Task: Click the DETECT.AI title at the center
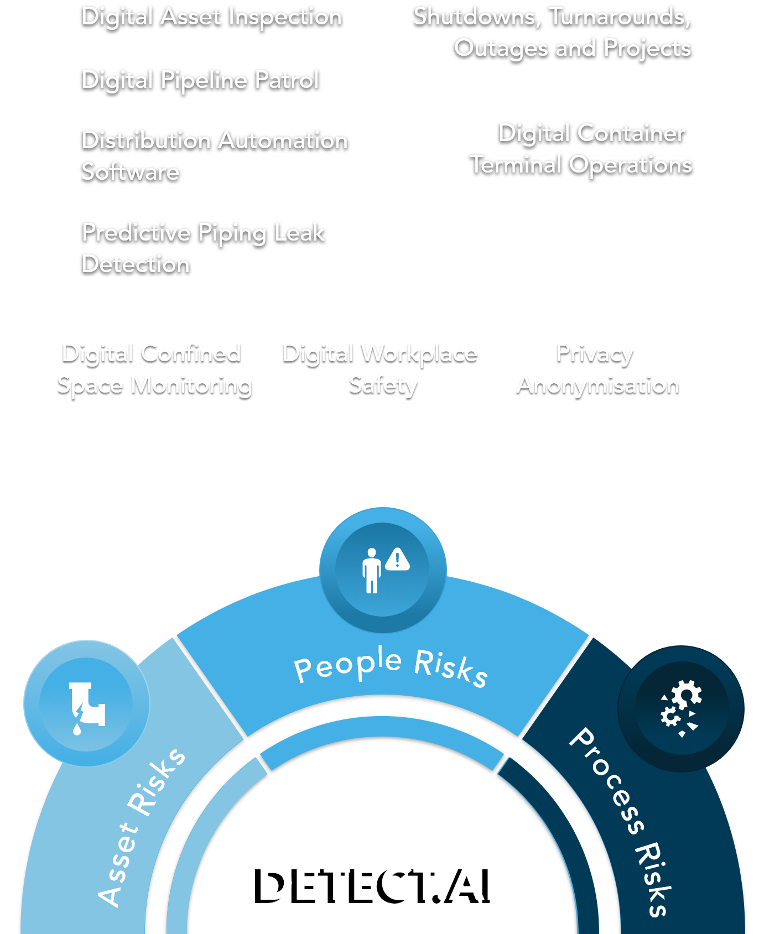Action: [378, 883]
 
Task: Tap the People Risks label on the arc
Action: [391, 666]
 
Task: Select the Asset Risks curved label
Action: [141, 827]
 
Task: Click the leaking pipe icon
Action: [86, 703]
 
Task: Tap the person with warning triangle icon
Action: [383, 570]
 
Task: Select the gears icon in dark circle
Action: [681, 708]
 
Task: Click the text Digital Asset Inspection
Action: [211, 17]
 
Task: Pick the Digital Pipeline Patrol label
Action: [200, 80]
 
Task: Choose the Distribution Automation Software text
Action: [214, 156]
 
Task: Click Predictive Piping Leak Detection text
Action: [203, 248]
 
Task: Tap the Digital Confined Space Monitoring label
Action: [154, 369]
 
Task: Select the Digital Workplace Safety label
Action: [380, 369]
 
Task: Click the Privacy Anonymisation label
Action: [597, 369]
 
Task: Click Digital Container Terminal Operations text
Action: [581, 149]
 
